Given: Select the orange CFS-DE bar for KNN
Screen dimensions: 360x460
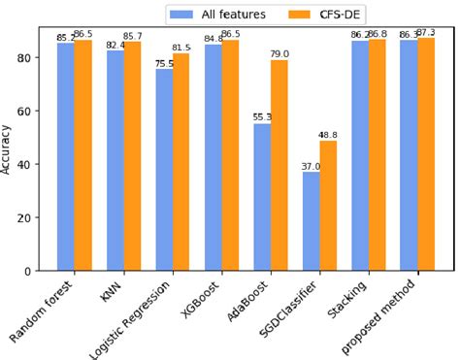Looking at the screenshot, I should pyautogui.click(x=132, y=156).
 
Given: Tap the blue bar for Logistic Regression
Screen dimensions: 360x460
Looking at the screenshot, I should pyautogui.click(x=164, y=170).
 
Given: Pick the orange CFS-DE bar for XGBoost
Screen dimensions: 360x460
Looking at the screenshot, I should pyautogui.click(x=230, y=155).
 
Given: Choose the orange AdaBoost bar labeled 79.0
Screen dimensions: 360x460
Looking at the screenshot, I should pyautogui.click(x=279, y=165).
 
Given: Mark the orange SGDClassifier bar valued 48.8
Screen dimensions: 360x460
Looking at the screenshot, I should pyautogui.click(x=329, y=206).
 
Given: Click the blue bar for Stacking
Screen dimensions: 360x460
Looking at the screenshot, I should pyautogui.click(x=360, y=155).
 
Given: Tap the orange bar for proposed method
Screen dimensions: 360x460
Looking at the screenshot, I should pyautogui.click(x=426, y=154).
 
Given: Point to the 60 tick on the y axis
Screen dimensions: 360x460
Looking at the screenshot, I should pyautogui.click(x=33, y=111).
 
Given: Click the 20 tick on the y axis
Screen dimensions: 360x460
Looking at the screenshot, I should pyautogui.click(x=33, y=217).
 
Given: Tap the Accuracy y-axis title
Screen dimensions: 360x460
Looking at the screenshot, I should pyautogui.click(x=9, y=149).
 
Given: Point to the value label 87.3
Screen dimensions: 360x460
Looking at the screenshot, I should pyautogui.click(x=428, y=33).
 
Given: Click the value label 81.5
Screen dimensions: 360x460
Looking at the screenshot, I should pyautogui.click(x=181, y=48).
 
